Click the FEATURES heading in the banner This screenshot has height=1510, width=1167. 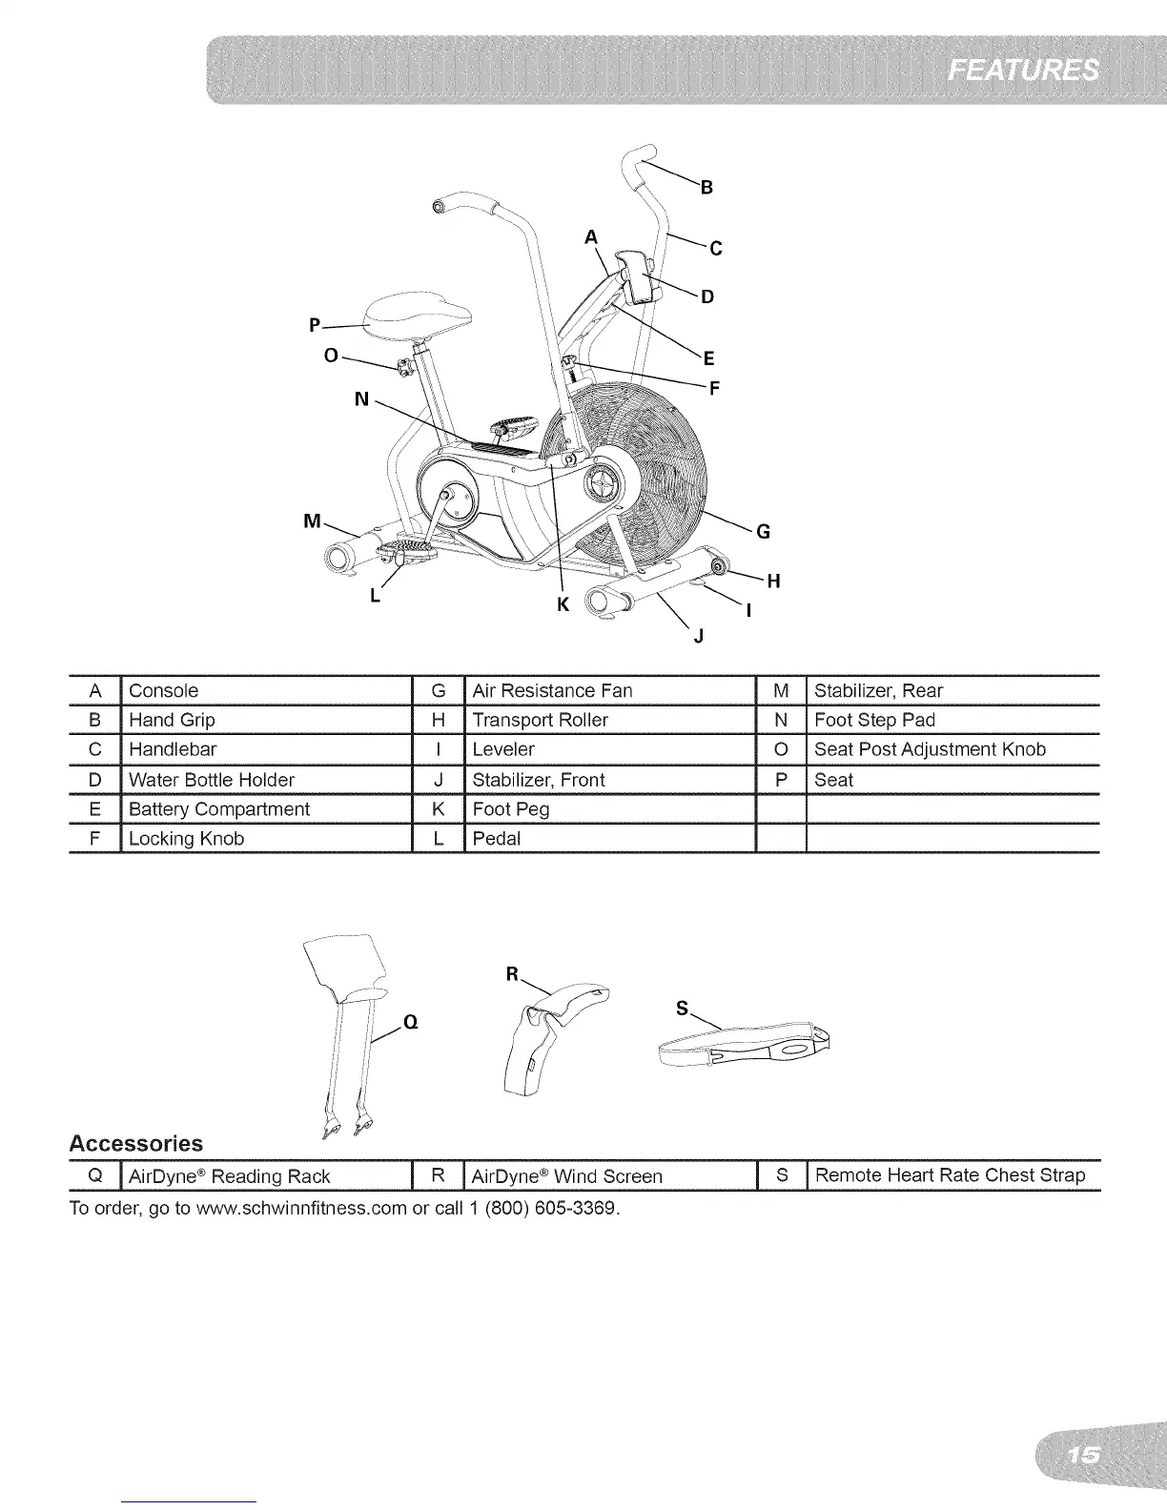point(1023,71)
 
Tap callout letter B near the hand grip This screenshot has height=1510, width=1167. point(706,187)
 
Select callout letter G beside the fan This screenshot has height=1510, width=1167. point(763,532)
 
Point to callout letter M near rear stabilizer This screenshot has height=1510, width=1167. point(311,520)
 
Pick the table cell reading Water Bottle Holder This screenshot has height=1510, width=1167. point(212,780)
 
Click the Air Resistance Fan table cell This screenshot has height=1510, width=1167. point(552,690)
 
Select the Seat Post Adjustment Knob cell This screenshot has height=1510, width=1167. point(930,749)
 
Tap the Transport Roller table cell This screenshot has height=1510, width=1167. point(540,720)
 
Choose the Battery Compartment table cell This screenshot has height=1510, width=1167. point(219,809)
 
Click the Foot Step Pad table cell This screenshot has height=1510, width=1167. point(874,720)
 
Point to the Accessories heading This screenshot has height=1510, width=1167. point(136,1143)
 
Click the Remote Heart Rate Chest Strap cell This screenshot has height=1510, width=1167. point(950,1175)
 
